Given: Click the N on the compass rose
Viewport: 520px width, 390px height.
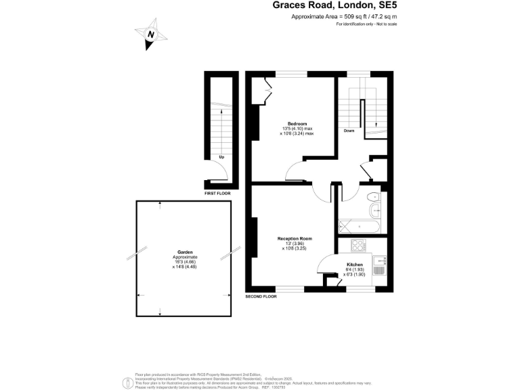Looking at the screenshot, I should [152, 35].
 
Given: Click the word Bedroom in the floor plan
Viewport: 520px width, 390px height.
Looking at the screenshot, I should [297, 124].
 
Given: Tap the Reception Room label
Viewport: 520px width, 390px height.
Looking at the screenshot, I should [295, 238].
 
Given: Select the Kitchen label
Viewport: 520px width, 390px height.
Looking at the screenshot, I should [355, 264].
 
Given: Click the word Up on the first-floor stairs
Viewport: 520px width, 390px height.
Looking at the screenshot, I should [221, 156].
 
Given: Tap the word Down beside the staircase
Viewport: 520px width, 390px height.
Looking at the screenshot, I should [349, 130].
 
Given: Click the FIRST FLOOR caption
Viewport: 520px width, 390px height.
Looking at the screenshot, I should [217, 194].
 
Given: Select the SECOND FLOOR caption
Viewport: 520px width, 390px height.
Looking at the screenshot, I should [261, 297].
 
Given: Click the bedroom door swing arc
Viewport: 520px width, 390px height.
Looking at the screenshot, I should [295, 171].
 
